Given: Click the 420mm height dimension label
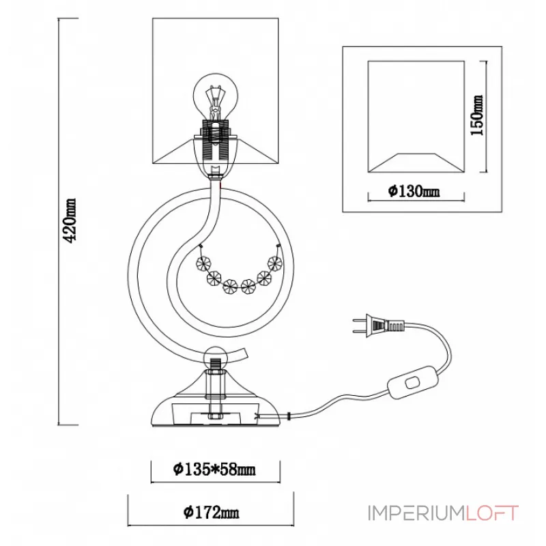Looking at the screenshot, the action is pyautogui.click(x=70, y=220).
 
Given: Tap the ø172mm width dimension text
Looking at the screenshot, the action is pyautogui.click(x=211, y=513).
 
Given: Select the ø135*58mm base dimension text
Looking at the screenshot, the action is pyautogui.click(x=214, y=470).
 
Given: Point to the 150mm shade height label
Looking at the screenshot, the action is pyautogui.click(x=477, y=115).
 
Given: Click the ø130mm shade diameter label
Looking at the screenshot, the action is pyautogui.click(x=414, y=191).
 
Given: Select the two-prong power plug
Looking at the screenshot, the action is pyautogui.click(x=378, y=326).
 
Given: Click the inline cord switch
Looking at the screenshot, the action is pyautogui.click(x=412, y=382).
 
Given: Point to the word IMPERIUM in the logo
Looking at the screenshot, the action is pyautogui.click(x=416, y=513).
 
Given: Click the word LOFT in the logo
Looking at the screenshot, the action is pyautogui.click(x=492, y=513).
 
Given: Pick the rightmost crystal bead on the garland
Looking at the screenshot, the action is pyautogui.click(x=275, y=263).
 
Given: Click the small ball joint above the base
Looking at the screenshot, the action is pyautogui.click(x=215, y=358).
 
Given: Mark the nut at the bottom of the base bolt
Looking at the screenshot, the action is pyautogui.click(x=216, y=416).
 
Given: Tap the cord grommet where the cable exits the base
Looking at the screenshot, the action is pyautogui.click(x=289, y=416).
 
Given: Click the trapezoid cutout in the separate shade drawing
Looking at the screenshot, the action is pyautogui.click(x=416, y=162).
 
